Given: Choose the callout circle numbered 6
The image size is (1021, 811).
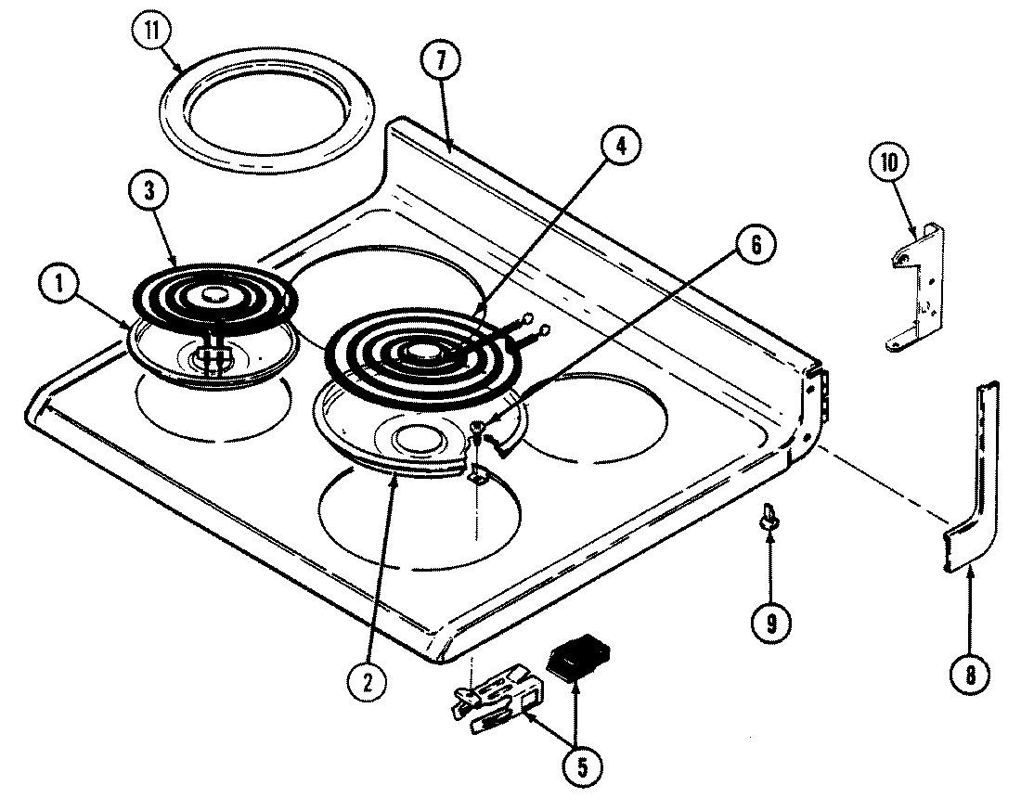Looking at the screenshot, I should pos(753,246).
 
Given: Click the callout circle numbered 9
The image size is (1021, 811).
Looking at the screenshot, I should pos(771,623).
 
